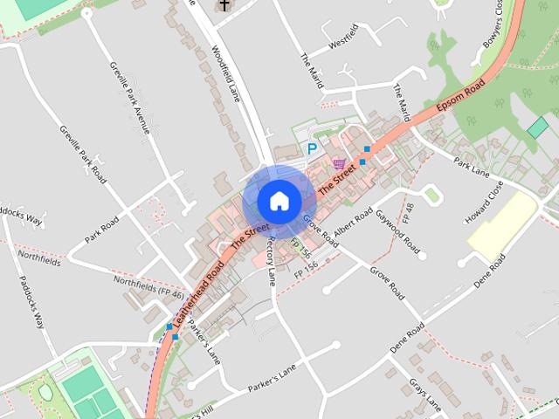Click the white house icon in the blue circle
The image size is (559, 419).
pyautogui.click(x=278, y=201)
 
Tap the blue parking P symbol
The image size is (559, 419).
pyautogui.click(x=312, y=149)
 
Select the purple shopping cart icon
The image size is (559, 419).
pyautogui.click(x=338, y=163)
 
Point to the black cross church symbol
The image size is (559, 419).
pyautogui.click(x=224, y=5)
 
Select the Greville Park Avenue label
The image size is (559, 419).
pyautogui.click(x=130, y=97)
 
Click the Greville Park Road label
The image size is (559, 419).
pyautogui.click(x=83, y=154)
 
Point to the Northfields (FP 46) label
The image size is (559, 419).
pyautogui.click(x=148, y=287)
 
